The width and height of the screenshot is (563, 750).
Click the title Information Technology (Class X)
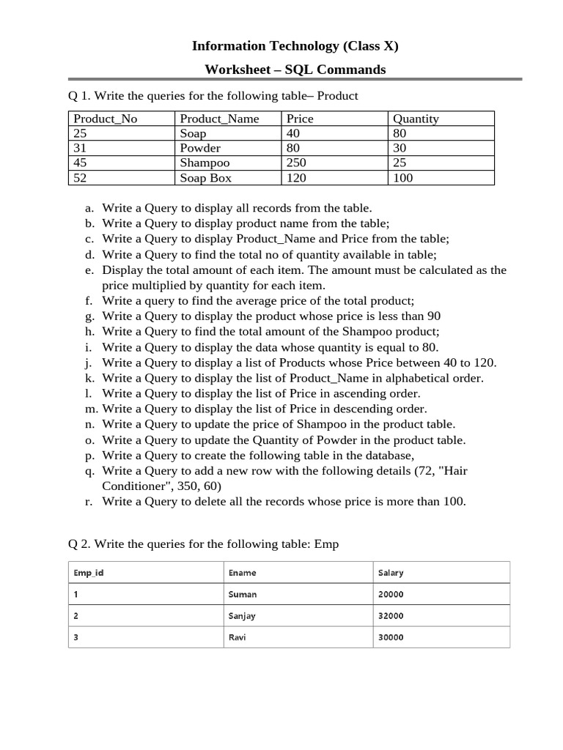(295, 46)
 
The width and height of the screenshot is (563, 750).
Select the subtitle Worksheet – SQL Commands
(295, 70)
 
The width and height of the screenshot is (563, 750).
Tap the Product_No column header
(106, 119)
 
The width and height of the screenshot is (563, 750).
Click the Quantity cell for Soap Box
(403, 178)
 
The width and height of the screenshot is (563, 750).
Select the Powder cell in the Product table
(200, 148)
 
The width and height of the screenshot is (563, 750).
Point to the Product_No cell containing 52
(81, 178)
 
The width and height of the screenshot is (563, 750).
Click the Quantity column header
(416, 119)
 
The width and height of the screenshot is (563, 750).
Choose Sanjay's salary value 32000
(391, 616)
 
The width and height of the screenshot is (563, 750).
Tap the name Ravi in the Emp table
(238, 637)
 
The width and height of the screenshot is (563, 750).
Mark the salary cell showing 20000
(391, 595)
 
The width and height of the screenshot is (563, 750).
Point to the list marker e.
(88, 270)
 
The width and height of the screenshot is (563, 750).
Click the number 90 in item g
(433, 316)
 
